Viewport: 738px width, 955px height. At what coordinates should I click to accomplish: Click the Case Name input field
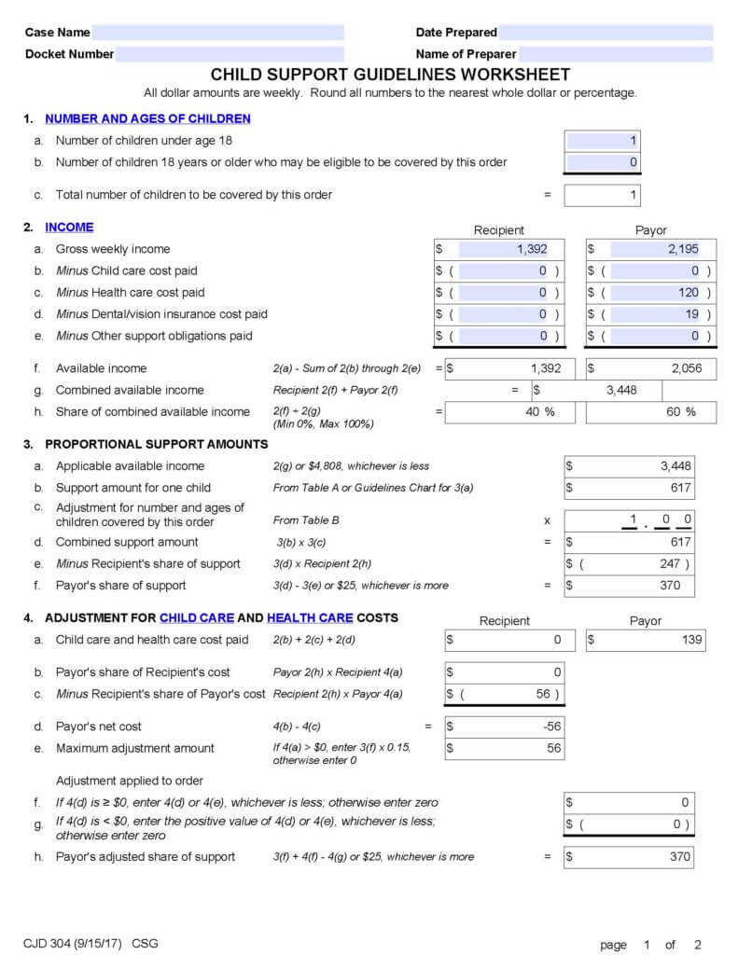point(218,33)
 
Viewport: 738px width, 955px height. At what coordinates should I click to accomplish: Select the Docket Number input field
point(230,54)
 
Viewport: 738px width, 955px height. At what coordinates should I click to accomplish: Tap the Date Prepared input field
point(606,33)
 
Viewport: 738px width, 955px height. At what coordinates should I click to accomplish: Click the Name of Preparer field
point(615,54)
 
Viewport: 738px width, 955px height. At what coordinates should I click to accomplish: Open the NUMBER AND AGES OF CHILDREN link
point(147,118)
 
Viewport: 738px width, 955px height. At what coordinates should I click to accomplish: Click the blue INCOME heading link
point(69,227)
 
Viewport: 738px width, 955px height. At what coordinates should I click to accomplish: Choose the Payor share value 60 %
point(680,411)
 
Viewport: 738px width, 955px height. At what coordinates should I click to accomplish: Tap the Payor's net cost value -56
point(550,727)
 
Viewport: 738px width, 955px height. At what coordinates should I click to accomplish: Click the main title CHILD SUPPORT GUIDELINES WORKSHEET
point(390,75)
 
